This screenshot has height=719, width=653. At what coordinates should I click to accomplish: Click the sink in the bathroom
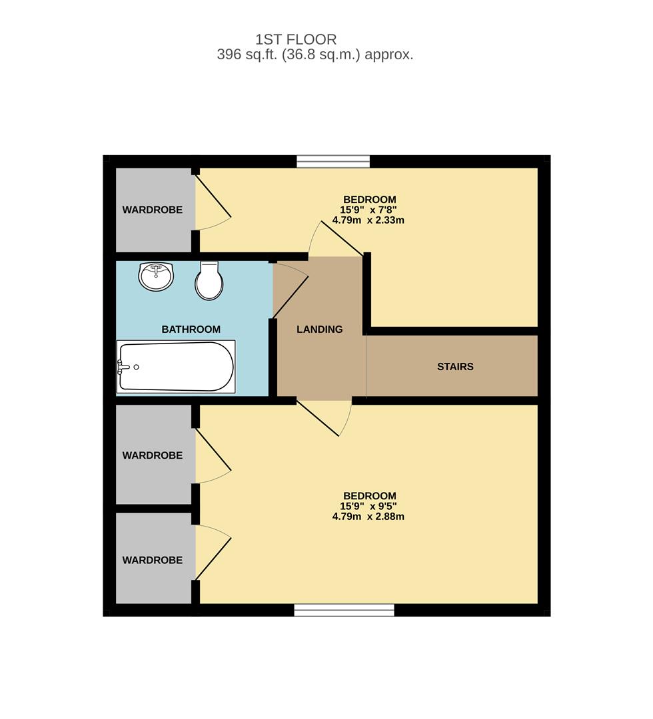156,276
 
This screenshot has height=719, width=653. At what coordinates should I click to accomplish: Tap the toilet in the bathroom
209,280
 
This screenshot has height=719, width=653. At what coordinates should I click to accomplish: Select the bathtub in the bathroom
176,366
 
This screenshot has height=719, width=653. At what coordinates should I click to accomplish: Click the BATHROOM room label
191,330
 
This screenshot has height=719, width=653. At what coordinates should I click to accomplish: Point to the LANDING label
319,330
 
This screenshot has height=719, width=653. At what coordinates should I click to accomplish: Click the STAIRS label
455,367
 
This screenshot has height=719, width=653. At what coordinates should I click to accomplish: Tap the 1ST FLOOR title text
296,39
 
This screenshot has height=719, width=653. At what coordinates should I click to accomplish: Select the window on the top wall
333,161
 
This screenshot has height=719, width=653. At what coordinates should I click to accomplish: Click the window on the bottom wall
344,610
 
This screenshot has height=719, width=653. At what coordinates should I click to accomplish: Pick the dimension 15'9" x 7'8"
368,210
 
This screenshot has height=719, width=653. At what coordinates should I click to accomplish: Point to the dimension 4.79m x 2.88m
368,517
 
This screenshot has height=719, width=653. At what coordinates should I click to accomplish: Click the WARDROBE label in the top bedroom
153,210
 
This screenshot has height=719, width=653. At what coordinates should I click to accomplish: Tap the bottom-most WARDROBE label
153,561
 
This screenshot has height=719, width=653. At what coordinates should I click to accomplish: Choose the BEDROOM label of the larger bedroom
369,496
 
